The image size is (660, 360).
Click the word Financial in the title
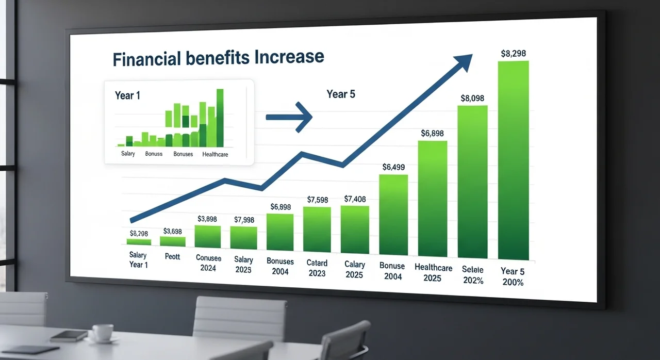click(147, 59)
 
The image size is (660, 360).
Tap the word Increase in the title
click(289, 56)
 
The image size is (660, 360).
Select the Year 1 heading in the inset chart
click(127, 95)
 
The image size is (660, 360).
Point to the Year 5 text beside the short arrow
click(341, 94)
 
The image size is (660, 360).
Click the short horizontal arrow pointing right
click(289, 117)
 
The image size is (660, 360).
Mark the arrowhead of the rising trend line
click(464, 62)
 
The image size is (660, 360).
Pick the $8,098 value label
click(472, 98)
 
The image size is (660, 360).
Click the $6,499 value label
click(393, 167)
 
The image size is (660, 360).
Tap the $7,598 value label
click(317, 200)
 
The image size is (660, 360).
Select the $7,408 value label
click(355, 199)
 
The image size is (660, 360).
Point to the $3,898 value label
click(207, 219)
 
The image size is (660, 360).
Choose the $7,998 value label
click(244, 220)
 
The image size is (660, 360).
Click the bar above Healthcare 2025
click(433, 199)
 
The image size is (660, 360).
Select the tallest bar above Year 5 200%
click(514, 160)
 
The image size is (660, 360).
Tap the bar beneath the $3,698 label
click(173, 241)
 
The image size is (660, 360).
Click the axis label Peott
click(172, 256)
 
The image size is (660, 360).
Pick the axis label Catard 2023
click(317, 268)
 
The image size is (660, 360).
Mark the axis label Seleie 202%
click(473, 275)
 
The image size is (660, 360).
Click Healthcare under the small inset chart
click(215, 154)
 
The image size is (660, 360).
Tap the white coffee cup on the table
click(103, 332)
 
